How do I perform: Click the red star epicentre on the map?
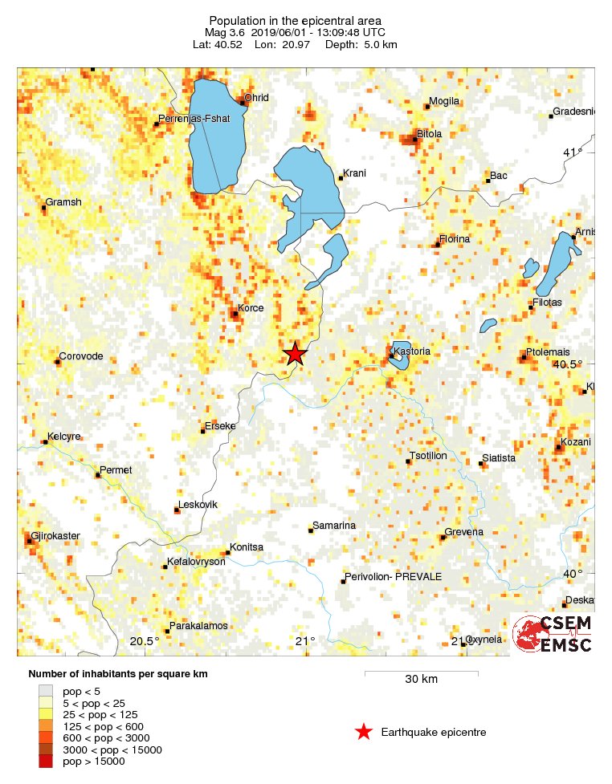[296, 354]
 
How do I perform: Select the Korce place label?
[251, 308]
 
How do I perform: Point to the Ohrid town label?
[257, 98]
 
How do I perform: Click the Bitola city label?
[429, 134]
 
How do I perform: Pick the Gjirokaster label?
[55, 535]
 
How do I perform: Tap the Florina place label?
[455, 239]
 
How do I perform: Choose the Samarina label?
[336, 526]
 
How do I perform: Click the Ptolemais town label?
[548, 352]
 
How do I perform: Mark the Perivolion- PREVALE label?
[393, 577]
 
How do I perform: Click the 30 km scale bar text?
[421, 680]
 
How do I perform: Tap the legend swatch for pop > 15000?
[46, 762]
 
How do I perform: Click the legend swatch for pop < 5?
[46, 690]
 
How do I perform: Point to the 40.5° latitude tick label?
[568, 364]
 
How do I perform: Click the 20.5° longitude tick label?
[145, 640]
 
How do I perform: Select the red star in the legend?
[364, 732]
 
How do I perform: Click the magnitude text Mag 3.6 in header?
[227, 32]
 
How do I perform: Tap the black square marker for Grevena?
[443, 537]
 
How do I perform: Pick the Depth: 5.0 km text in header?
[361, 44]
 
